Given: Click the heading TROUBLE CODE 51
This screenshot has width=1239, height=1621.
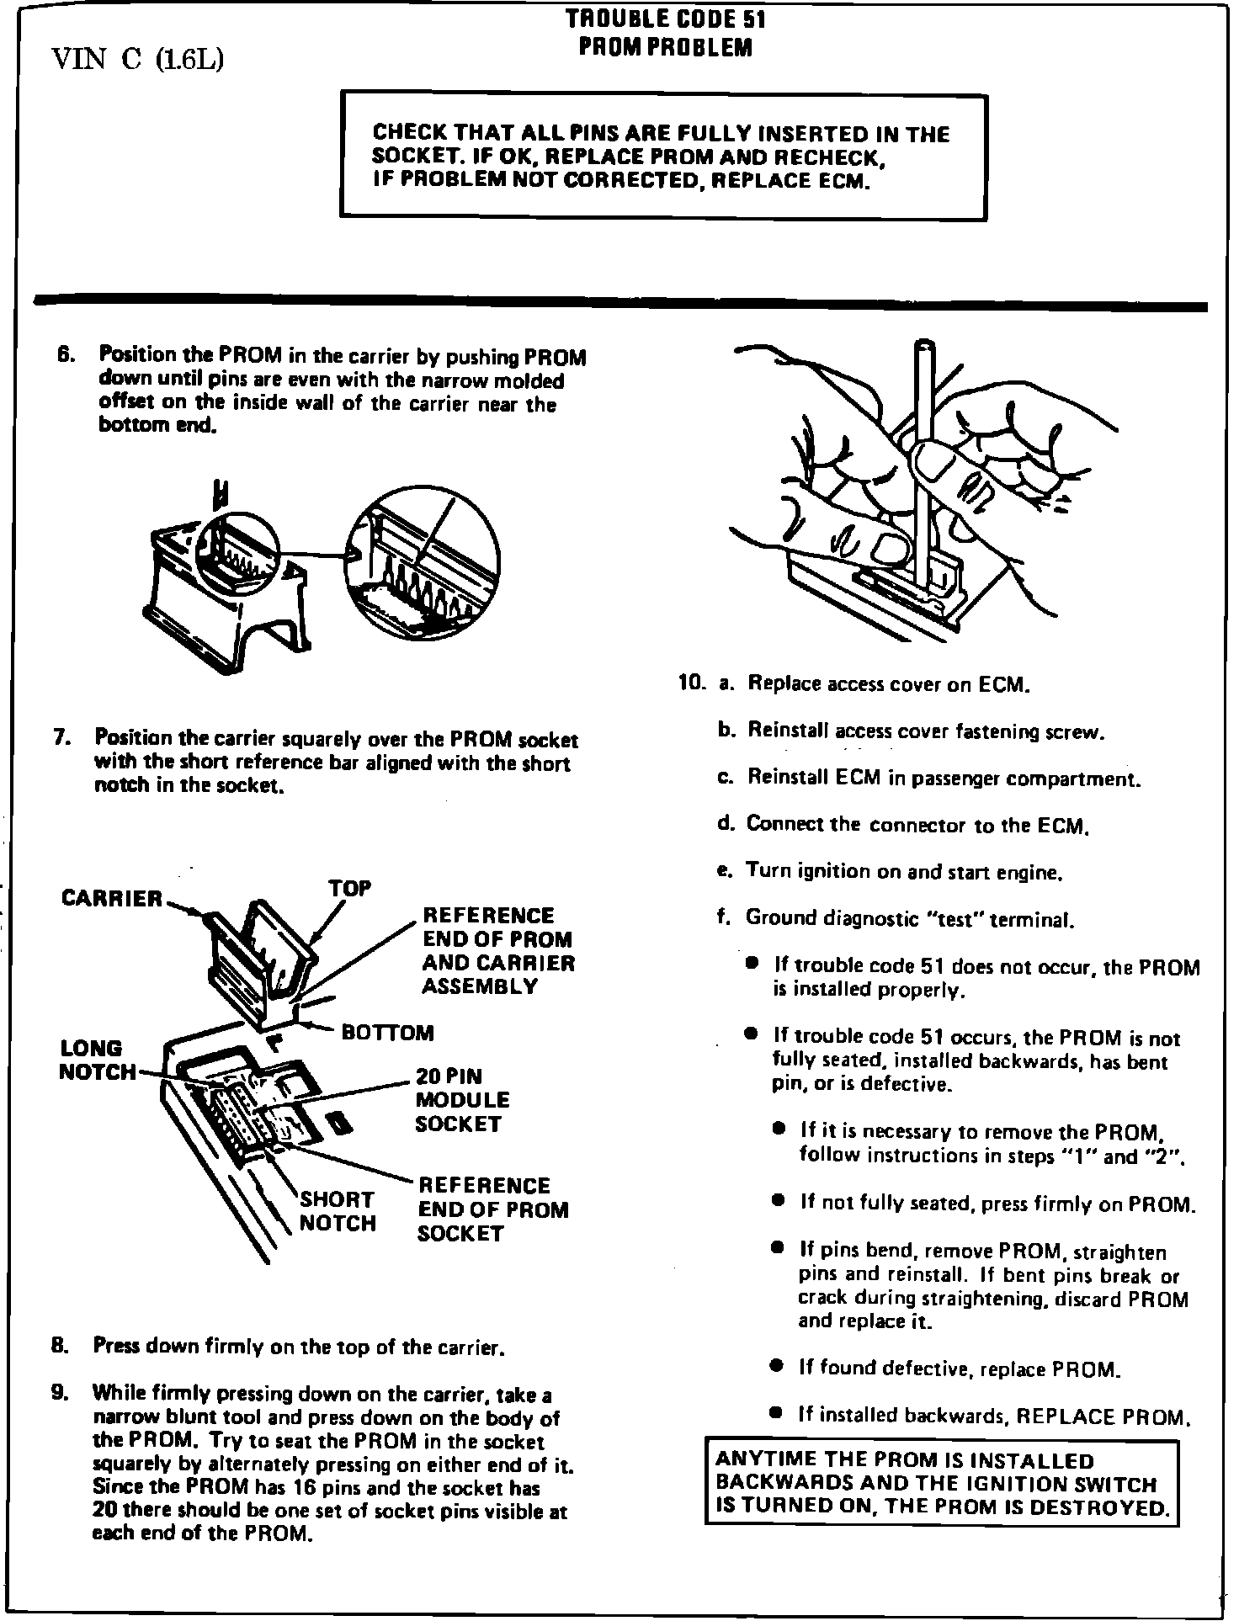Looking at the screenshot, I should tap(665, 19).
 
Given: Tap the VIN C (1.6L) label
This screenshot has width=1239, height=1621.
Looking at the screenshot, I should tap(137, 60).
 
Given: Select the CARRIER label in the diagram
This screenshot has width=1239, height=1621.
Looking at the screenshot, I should tap(112, 899).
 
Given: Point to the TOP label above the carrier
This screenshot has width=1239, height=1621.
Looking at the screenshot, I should tap(349, 889).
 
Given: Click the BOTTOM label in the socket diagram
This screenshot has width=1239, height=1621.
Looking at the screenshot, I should tap(387, 1033).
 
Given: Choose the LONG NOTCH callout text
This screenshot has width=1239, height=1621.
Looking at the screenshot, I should tap(97, 1060).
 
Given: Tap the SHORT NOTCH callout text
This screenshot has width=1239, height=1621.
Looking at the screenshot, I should tap(338, 1211).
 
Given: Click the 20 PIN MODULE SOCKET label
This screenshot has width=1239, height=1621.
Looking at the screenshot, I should tap(462, 1100).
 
